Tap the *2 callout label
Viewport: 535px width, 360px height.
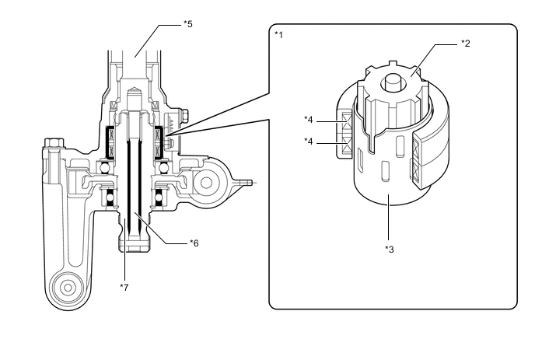click(x=466, y=43)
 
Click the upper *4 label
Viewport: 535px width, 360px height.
click(x=309, y=120)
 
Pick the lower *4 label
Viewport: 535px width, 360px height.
click(x=309, y=141)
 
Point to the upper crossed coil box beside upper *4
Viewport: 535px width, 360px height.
click(x=347, y=124)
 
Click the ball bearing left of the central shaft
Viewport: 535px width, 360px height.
click(x=101, y=166)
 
